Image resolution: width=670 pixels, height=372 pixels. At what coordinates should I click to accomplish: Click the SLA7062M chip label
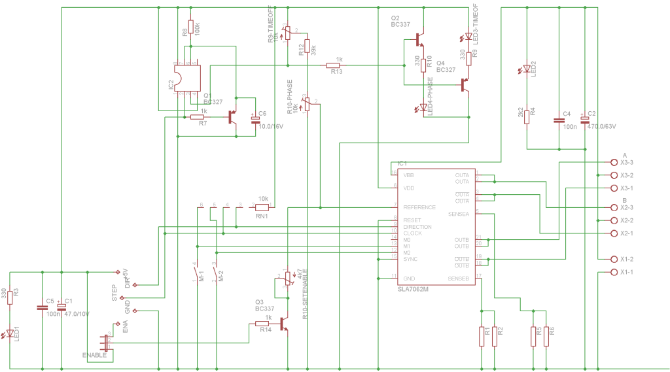(412, 288)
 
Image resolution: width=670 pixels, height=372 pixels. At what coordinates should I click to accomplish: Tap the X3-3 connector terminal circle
(614, 162)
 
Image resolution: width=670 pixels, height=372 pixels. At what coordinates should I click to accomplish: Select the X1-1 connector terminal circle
(614, 272)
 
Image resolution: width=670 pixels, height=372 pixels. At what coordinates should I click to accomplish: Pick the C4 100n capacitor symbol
(559, 120)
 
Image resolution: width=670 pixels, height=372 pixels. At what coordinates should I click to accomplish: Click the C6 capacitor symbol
(255, 120)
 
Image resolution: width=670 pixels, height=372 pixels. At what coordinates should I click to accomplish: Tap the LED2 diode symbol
(527, 69)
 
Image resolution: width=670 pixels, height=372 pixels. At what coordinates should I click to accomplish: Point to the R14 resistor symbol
(263, 324)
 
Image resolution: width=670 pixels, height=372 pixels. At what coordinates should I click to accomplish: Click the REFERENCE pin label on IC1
(419, 207)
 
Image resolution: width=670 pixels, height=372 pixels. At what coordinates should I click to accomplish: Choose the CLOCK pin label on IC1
(412, 233)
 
